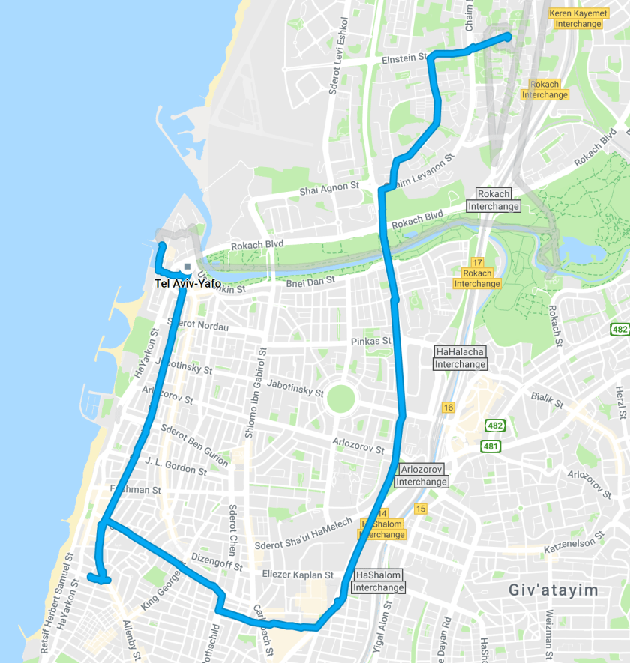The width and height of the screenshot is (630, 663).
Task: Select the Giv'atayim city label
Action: pos(553,590)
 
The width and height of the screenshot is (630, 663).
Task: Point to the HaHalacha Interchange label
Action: pos(460,357)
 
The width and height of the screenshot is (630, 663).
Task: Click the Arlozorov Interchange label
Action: pos(421,476)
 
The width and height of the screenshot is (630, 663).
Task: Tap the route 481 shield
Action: pos(491,446)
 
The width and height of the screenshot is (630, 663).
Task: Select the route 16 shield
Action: pos(448,407)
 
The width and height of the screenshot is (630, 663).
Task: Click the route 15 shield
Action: pos(420,509)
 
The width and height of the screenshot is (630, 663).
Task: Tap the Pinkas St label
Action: pos(371,341)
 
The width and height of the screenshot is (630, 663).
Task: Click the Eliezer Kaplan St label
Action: pos(298,575)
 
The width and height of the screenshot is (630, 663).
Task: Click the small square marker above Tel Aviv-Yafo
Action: pos(187,266)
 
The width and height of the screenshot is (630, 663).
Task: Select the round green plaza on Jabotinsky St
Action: pos(343,398)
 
